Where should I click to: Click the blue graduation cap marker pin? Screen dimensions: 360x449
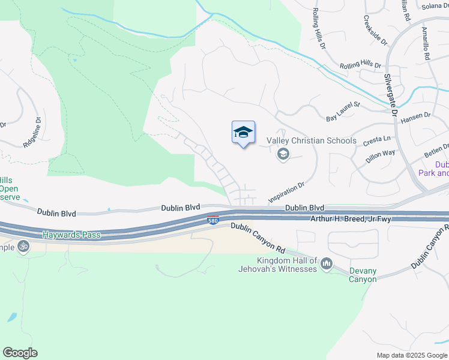click(243, 133)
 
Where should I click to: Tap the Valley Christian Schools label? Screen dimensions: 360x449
click(312, 141)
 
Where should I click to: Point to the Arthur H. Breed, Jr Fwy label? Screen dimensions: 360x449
click(351, 219)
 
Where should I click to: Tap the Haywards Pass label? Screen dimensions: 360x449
click(71, 235)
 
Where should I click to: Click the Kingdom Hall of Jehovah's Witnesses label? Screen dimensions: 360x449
click(287, 265)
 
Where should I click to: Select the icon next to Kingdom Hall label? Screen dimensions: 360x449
click(327, 263)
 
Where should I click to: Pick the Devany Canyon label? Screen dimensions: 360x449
click(363, 275)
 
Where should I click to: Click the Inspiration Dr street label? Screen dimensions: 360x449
click(287, 191)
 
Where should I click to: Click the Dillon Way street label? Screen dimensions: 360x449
click(381, 157)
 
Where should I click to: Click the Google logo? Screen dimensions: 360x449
click(20, 353)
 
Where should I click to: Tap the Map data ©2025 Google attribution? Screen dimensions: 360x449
click(411, 355)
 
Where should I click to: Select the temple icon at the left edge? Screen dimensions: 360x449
click(23, 246)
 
